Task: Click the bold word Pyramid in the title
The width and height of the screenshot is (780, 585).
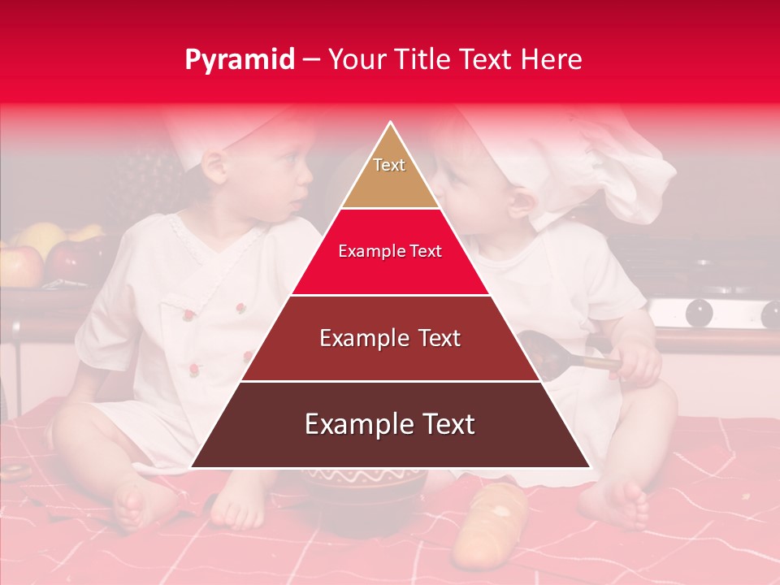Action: [240, 59]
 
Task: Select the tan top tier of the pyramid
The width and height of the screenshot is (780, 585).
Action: [390, 175]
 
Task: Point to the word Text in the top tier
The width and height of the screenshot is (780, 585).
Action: [389, 165]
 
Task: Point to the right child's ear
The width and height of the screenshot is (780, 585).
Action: [520, 200]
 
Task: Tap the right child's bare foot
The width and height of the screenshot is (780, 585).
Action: [622, 504]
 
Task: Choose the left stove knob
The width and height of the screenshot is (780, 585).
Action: [700, 313]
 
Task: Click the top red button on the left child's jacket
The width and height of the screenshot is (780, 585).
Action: [240, 307]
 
